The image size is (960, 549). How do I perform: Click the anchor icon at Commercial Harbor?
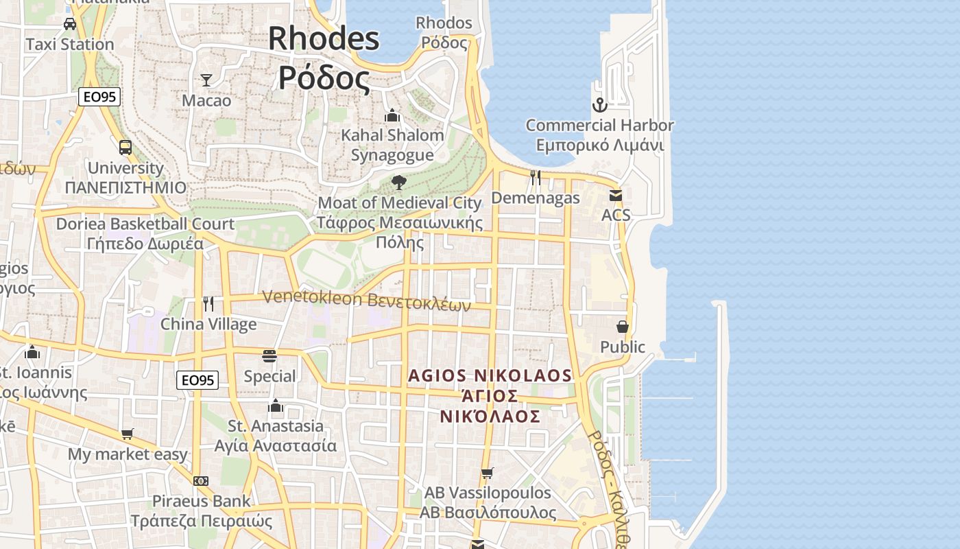pyautogui.click(x=600, y=105)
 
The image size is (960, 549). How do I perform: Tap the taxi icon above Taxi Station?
pyautogui.click(x=69, y=24)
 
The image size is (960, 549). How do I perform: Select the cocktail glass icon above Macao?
pyautogui.click(x=206, y=80)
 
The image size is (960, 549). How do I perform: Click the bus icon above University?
pyautogui.click(x=125, y=147)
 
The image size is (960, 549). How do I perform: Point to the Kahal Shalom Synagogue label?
pyautogui.click(x=392, y=145)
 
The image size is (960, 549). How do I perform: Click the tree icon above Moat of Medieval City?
pyautogui.click(x=398, y=182)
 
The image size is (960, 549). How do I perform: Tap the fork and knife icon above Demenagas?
pyautogui.click(x=536, y=178)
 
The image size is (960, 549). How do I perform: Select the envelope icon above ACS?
pyautogui.click(x=615, y=196)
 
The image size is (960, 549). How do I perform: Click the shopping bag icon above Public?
pyautogui.click(x=623, y=327)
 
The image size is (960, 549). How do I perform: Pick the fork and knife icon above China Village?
pyautogui.click(x=208, y=303)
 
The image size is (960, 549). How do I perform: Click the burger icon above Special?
pyautogui.click(x=269, y=355)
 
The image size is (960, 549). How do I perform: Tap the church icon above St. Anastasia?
pyautogui.click(x=276, y=406)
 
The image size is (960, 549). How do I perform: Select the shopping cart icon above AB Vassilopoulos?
pyautogui.click(x=488, y=473)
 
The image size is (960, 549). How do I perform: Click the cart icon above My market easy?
pyautogui.click(x=127, y=434)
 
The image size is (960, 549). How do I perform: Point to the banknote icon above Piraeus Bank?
pyautogui.click(x=201, y=481)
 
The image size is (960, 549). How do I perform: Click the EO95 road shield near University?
pyautogui.click(x=99, y=97)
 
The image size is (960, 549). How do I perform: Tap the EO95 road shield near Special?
pyautogui.click(x=197, y=380)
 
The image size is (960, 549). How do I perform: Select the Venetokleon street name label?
pyautogui.click(x=367, y=300)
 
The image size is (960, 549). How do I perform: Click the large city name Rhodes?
pyautogui.click(x=324, y=38)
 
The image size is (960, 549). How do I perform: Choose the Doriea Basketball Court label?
pyautogui.click(x=145, y=224)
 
